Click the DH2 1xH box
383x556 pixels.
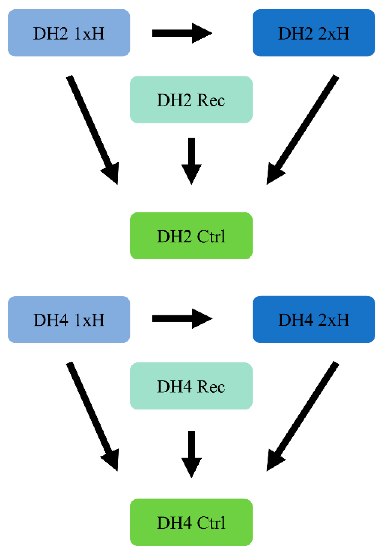tap(68, 33)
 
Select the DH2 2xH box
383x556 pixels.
tap(314, 33)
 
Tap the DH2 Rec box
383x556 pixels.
tap(191, 100)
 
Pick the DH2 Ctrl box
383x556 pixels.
tap(191, 236)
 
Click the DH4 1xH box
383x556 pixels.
tap(68, 319)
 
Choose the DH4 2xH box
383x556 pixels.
tap(314, 319)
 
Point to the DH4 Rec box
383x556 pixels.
tap(191, 386)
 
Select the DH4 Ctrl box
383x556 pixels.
tap(191, 522)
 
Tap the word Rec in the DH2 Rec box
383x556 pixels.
tap(211, 100)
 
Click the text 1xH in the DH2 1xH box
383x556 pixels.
tap(89, 33)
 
